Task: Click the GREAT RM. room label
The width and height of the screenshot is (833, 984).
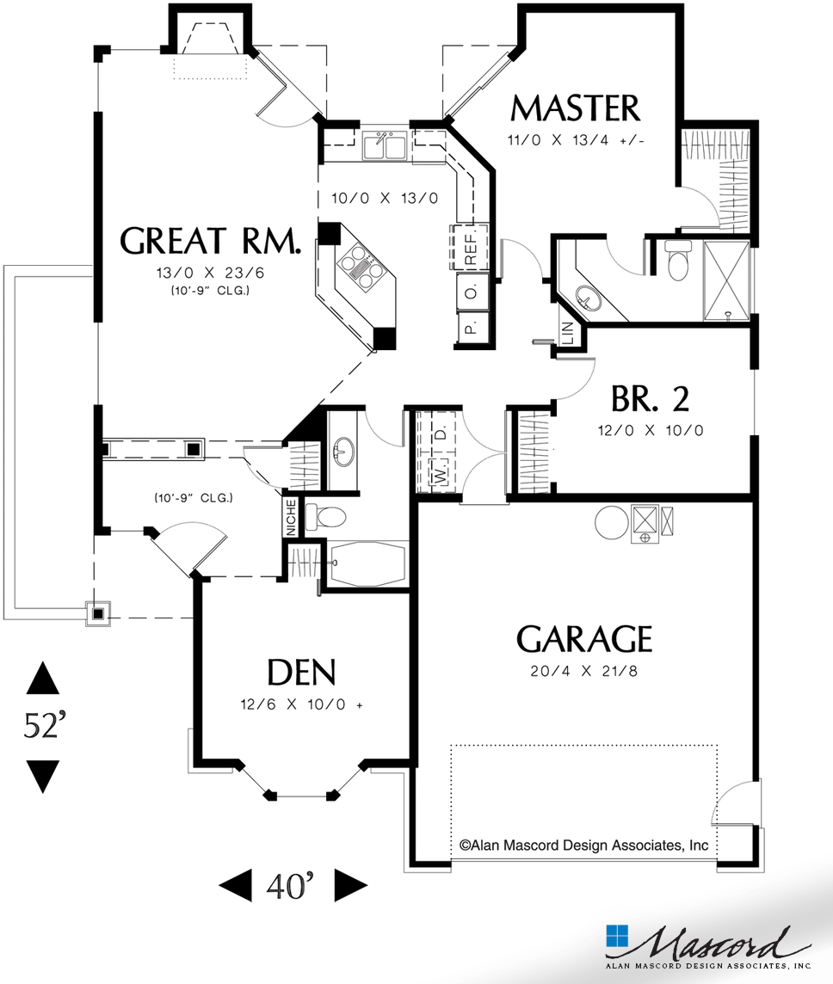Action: click(x=211, y=242)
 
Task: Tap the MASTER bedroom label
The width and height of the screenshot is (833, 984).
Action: click(x=575, y=109)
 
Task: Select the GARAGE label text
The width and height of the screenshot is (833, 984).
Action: click(x=583, y=640)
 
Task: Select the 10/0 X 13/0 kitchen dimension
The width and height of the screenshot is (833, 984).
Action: click(x=385, y=198)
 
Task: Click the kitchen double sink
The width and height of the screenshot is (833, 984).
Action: click(x=385, y=147)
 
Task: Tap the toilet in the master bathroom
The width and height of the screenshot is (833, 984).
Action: click(x=679, y=261)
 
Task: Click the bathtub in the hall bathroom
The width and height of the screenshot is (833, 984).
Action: click(x=367, y=564)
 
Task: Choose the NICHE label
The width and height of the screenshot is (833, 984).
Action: click(x=291, y=517)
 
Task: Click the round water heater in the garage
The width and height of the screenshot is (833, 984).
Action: click(x=612, y=520)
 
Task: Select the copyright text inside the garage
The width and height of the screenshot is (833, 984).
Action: click(x=583, y=845)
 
